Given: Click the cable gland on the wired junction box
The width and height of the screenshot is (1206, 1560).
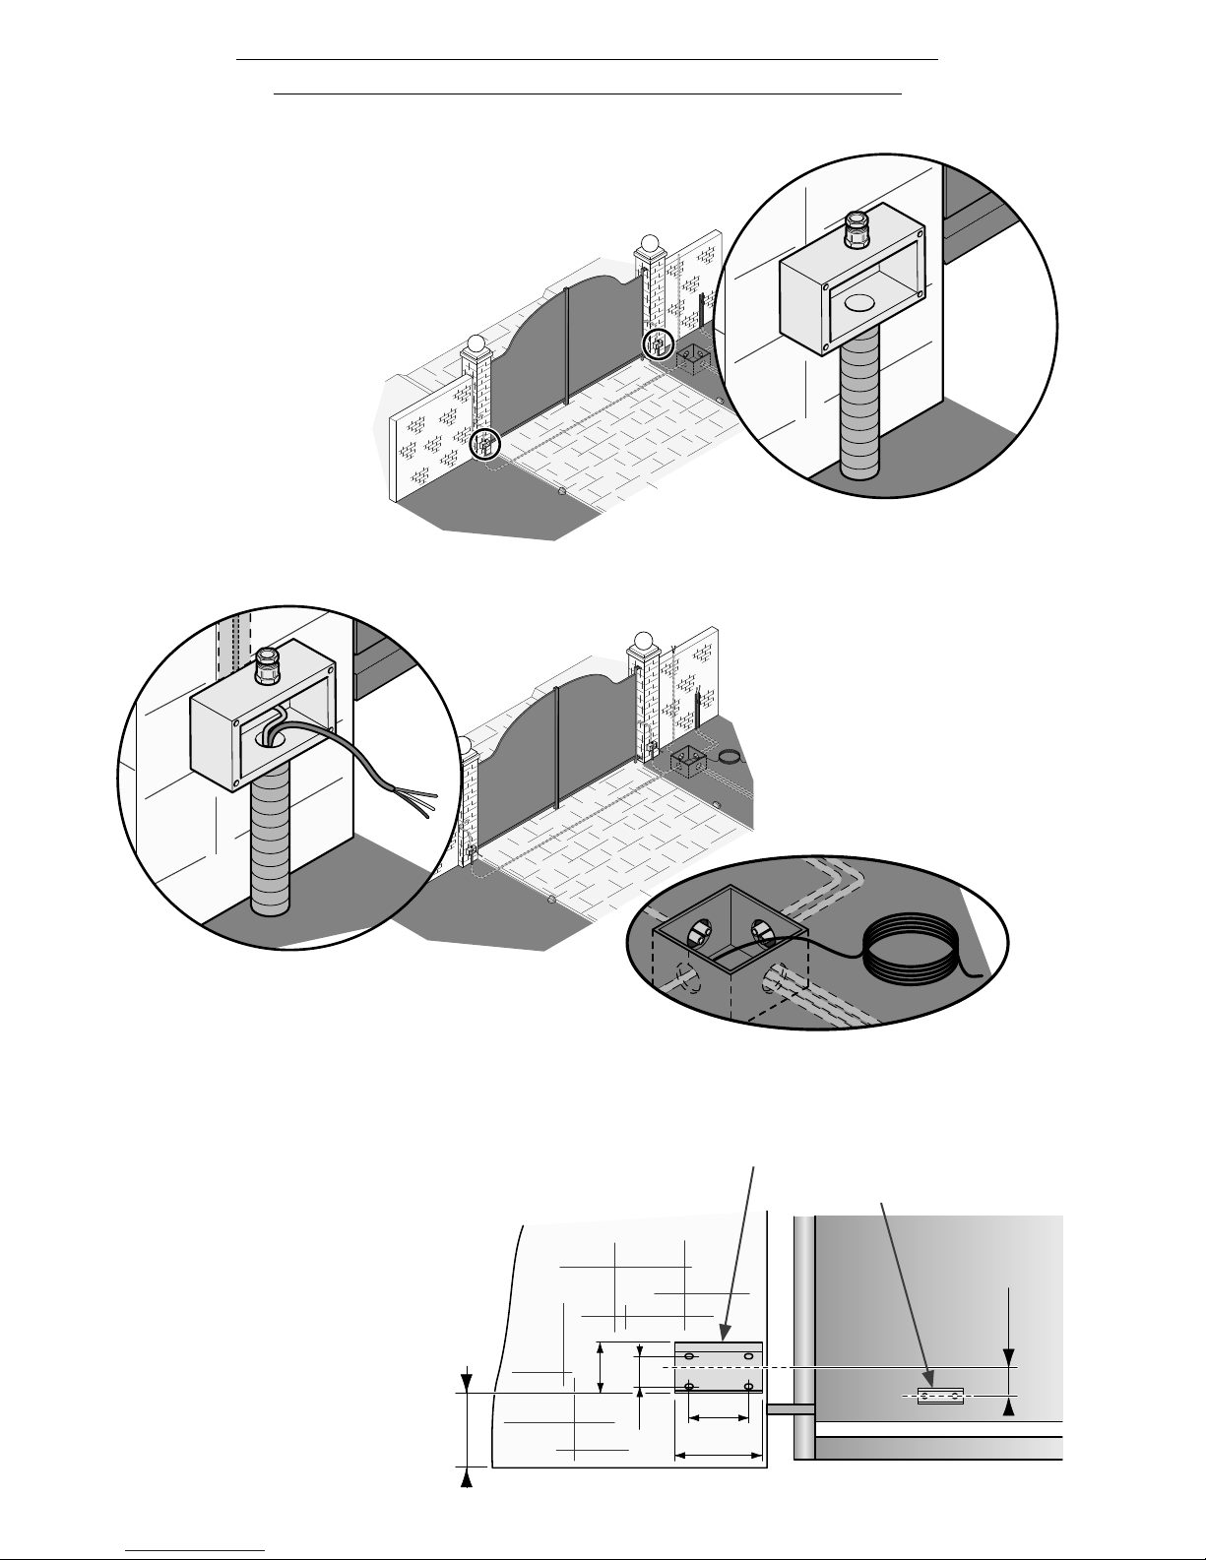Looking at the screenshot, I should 267,667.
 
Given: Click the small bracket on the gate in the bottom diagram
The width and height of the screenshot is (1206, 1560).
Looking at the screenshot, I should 939,1396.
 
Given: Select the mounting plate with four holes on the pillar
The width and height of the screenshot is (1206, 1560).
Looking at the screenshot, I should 719,1367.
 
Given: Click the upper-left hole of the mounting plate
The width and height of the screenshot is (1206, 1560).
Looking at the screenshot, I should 689,1357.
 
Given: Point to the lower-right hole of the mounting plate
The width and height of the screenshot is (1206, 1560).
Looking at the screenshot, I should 749,1388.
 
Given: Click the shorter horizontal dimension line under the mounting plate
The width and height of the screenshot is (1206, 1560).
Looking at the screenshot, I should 719,1418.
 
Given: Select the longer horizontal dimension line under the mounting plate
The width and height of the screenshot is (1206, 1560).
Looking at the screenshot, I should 719,1454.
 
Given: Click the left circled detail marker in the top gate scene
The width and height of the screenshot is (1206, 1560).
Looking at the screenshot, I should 484,444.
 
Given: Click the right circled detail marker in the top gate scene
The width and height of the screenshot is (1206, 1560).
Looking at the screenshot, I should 658,345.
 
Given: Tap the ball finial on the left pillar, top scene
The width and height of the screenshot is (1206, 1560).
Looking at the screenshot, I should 476,344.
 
